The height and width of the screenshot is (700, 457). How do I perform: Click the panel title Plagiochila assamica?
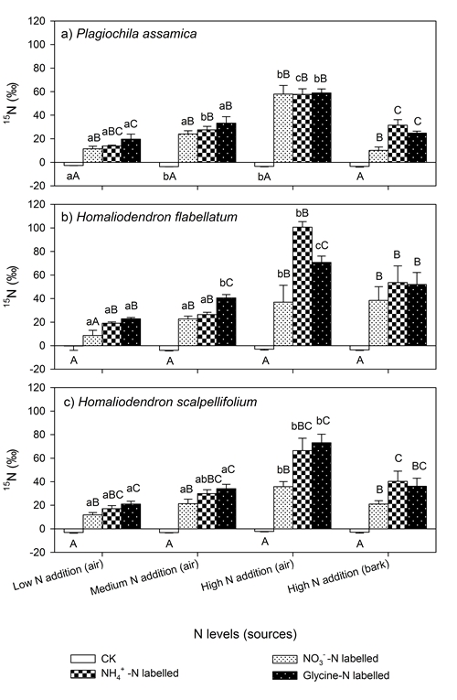(x=136, y=35)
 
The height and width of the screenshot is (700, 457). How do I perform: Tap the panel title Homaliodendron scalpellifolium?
(x=167, y=402)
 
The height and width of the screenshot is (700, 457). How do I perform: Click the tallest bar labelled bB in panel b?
(x=303, y=286)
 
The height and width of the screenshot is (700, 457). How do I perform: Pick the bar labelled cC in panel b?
(x=322, y=304)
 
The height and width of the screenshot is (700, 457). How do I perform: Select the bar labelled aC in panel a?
(x=131, y=150)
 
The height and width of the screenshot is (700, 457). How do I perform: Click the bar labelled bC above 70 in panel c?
(x=322, y=486)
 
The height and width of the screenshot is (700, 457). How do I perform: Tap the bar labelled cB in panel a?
(x=303, y=128)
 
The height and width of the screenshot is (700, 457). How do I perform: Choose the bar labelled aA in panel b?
(x=92, y=340)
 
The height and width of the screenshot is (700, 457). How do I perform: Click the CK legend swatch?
(x=83, y=659)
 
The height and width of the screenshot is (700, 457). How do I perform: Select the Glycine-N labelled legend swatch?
(x=284, y=675)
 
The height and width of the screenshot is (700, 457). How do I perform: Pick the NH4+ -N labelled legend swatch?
(x=83, y=673)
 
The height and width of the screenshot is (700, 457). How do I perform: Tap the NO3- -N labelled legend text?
(x=341, y=659)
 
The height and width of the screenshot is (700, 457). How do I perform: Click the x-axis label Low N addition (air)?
(x=58, y=576)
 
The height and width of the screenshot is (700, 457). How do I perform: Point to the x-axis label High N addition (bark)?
(x=339, y=576)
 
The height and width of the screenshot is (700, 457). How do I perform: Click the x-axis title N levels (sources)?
(x=245, y=634)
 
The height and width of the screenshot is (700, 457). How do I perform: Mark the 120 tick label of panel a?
(x=37, y=21)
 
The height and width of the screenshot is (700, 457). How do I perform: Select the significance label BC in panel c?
(x=418, y=467)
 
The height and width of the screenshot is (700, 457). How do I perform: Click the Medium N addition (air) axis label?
(x=144, y=578)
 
